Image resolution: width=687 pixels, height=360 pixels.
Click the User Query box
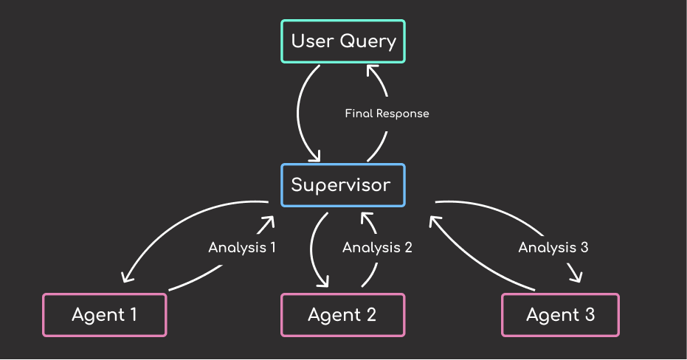pos(342,41)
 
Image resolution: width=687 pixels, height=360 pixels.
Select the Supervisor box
pos(342,185)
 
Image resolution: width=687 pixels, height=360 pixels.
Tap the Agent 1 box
pos(104,315)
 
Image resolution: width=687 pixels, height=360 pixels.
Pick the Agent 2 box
pos(342,315)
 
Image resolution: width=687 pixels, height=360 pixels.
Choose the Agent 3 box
pos(560,315)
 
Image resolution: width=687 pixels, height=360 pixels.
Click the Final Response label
pos(387,114)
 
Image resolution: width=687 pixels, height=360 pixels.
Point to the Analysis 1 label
pos(242,247)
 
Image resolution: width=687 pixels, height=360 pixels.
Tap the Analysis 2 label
pos(377,247)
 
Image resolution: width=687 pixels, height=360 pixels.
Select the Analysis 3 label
pos(553,247)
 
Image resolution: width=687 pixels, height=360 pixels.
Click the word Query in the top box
pos(368,41)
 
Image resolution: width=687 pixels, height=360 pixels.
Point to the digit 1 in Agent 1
pos(133,314)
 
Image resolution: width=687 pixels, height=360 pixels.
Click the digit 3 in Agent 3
pos(590,314)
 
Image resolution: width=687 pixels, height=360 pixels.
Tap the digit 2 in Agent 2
pos(371,314)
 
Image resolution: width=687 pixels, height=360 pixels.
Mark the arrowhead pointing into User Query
pos(372,71)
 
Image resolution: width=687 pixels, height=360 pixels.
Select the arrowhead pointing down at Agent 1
pos(127,277)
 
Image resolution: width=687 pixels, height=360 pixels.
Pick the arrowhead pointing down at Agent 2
pos(323,281)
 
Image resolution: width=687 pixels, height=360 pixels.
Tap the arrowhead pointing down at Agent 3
pos(576,275)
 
